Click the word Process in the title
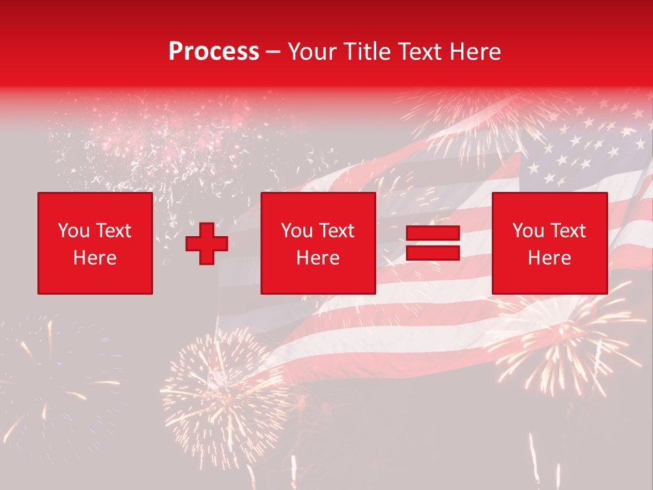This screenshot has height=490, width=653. pos(214,52)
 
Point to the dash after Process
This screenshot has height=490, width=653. pos(273,52)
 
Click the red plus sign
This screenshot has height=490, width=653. pos(207,244)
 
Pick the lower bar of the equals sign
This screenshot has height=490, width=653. pos(433,252)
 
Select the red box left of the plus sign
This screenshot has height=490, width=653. pos(95,244)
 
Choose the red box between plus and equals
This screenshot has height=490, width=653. pos(318,244)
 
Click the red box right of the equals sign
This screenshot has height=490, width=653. pos(550,244)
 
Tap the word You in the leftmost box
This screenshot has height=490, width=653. pos(73,231)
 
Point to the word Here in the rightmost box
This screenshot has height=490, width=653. pos(550,258)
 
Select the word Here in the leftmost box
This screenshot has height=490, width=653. pos(95,258)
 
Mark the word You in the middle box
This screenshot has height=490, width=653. pos(297,231)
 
